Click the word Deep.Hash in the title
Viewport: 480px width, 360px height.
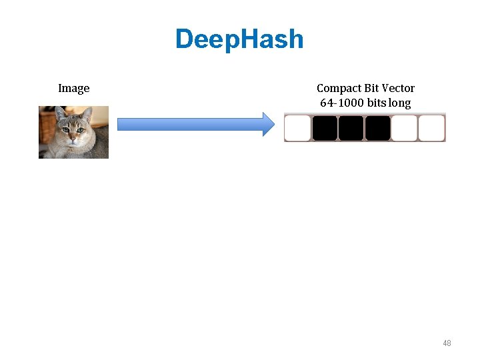pyautogui.click(x=239, y=39)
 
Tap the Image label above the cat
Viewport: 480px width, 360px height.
pyautogui.click(x=73, y=89)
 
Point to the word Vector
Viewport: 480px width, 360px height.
pyautogui.click(x=399, y=89)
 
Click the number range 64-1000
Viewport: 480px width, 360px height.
pyautogui.click(x=342, y=103)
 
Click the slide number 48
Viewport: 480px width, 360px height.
pyautogui.click(x=447, y=343)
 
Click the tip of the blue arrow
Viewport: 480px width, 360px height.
pyautogui.click(x=273, y=124)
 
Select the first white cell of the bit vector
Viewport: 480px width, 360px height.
pyautogui.click(x=298, y=128)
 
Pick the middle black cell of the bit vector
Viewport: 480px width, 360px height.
pyautogui.click(x=351, y=128)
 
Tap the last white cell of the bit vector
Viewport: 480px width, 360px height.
pyautogui.click(x=431, y=128)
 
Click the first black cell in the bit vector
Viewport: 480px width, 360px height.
pyautogui.click(x=325, y=128)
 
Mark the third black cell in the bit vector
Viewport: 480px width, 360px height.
pyautogui.click(x=377, y=128)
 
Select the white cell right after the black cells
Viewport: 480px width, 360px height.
pyautogui.click(x=404, y=128)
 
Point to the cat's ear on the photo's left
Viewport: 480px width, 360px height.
pyautogui.click(x=59, y=114)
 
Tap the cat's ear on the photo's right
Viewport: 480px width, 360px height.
pyautogui.click(x=87, y=115)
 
